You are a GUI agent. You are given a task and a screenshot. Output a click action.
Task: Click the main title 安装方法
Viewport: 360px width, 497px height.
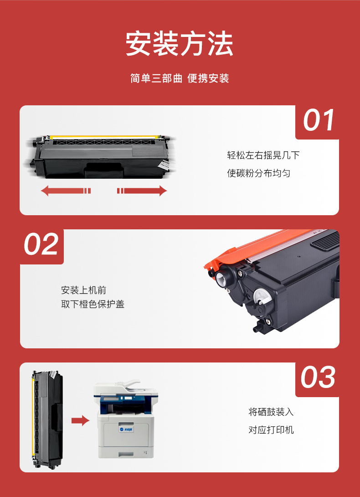(180, 44)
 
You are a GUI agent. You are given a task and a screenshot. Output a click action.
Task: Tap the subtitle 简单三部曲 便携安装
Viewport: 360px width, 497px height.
(180, 78)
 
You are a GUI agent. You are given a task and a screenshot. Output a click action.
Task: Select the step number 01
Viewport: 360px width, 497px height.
(319, 120)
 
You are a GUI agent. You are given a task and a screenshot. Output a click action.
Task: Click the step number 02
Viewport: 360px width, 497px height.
(41, 244)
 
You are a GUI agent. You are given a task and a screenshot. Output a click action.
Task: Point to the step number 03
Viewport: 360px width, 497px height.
(318, 377)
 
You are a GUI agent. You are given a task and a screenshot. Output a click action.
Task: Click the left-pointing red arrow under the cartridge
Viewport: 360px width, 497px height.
(66, 191)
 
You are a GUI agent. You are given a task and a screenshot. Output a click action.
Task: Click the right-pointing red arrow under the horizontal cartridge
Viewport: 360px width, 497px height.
(142, 191)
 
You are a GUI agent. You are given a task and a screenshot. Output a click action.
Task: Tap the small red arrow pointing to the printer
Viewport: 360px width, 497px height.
(81, 420)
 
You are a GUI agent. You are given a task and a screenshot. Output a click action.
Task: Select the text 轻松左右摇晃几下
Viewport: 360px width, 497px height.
(263, 155)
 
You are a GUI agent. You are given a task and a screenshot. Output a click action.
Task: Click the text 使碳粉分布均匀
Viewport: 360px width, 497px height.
(258, 173)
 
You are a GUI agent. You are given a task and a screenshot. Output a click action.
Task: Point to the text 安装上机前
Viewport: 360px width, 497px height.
(84, 290)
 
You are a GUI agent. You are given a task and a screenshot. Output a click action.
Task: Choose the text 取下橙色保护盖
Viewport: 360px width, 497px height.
(93, 304)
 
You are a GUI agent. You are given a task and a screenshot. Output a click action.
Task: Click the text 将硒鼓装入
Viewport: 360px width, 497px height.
(271, 412)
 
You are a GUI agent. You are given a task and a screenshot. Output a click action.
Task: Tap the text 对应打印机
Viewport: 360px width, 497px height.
(271, 430)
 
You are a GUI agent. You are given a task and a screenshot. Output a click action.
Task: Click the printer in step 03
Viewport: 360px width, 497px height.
(126, 419)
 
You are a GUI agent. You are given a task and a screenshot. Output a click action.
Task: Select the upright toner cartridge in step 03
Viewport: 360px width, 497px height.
(47, 419)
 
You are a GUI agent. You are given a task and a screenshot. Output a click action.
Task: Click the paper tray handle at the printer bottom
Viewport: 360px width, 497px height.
(126, 454)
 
